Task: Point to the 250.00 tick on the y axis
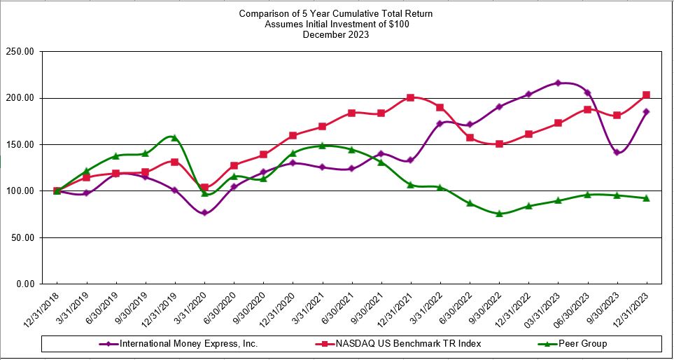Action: coord(20,52)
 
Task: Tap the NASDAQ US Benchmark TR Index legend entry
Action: coord(406,344)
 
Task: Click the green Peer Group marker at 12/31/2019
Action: coord(174,138)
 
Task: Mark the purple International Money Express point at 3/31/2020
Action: coord(204,212)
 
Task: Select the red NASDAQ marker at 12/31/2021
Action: coord(410,97)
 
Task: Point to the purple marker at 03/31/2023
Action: coord(558,83)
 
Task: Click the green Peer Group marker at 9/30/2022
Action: coord(499,214)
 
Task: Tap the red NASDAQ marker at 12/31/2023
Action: coord(646,95)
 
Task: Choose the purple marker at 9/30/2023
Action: coord(617,152)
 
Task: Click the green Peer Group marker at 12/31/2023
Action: coord(646,198)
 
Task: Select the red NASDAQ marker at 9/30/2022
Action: coord(499,144)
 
